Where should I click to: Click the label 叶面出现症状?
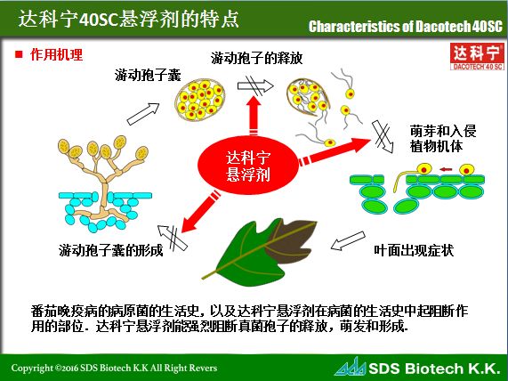point(415,251)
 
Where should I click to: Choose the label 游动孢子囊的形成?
point(110,251)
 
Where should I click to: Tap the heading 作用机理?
point(56,55)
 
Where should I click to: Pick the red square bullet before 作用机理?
point(18,55)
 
